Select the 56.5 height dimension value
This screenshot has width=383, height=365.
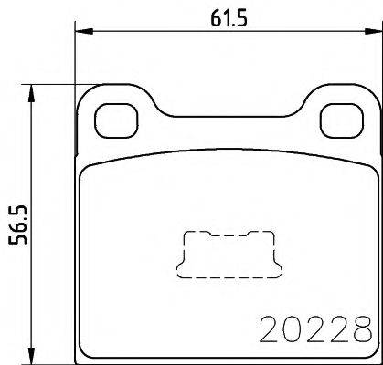(16, 221)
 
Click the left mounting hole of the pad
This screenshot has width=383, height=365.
(114, 116)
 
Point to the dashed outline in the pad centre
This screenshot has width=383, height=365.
(226, 253)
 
